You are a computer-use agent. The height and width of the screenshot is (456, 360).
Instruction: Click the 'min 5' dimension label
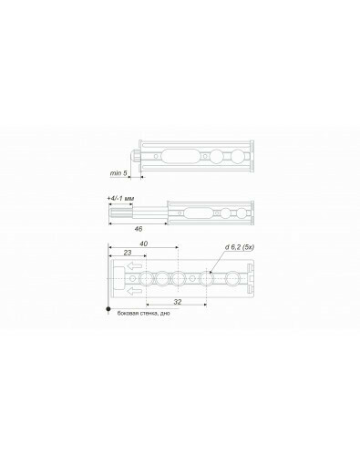(x=118, y=173)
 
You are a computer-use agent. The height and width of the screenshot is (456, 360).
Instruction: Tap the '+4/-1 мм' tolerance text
(x=120, y=199)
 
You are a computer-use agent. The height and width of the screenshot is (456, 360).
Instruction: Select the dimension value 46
(x=139, y=229)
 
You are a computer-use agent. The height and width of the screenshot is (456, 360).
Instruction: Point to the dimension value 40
(x=143, y=244)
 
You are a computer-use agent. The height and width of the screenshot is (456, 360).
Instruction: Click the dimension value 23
(x=128, y=253)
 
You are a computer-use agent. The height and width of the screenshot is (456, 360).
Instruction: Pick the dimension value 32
(x=178, y=302)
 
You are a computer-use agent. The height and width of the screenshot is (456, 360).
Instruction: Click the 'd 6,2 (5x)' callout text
(x=240, y=247)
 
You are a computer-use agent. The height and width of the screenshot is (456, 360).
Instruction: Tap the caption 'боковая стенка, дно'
(x=144, y=314)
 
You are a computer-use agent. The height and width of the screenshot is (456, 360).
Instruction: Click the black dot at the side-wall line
(x=108, y=309)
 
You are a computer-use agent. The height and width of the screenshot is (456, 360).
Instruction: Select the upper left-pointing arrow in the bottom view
(x=134, y=266)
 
